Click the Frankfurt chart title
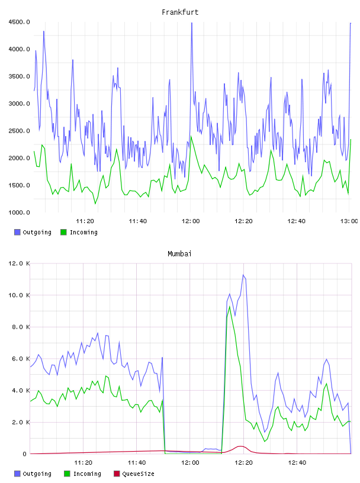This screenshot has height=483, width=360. (180, 12)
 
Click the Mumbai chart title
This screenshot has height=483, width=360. (179, 254)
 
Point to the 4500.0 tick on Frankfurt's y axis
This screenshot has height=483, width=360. (19, 22)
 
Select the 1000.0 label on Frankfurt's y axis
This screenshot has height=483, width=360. (19, 212)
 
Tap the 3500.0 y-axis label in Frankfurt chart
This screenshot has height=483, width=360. (19, 76)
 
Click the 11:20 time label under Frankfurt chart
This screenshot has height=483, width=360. (85, 221)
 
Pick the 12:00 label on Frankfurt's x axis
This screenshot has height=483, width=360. (191, 221)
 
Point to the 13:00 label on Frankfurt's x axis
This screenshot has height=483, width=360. (349, 221)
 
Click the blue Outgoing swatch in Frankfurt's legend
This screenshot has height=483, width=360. (17, 232)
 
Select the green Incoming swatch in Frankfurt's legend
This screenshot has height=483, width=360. (63, 232)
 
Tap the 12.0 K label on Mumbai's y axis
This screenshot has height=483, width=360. (19, 263)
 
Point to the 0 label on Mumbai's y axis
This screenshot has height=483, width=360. (24, 454)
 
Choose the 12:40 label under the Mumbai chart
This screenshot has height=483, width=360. (297, 462)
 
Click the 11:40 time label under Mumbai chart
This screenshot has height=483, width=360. (137, 462)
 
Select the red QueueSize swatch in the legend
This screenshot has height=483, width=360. (117, 474)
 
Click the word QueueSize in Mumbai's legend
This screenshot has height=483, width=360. (138, 474)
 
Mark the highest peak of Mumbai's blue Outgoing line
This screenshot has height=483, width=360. (243, 275)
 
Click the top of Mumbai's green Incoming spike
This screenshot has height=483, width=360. (230, 307)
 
